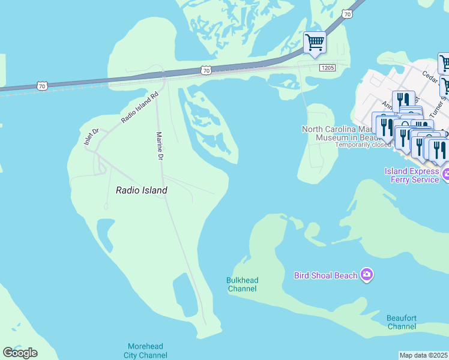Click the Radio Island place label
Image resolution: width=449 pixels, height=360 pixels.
(x=141, y=190)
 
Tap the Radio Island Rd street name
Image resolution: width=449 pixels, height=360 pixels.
(x=139, y=108)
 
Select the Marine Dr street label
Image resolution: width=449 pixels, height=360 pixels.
(x=160, y=146)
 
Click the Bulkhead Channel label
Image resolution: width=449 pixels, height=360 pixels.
(x=242, y=284)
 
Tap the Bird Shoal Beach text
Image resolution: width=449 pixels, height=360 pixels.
(x=325, y=276)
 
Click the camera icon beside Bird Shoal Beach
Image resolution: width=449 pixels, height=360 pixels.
(x=367, y=275)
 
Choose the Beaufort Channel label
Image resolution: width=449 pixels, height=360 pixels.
(x=402, y=322)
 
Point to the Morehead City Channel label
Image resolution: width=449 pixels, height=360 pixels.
(x=145, y=350)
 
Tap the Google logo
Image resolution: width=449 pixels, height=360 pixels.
(x=20, y=352)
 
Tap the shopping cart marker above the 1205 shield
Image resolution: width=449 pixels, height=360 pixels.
(x=315, y=42)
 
